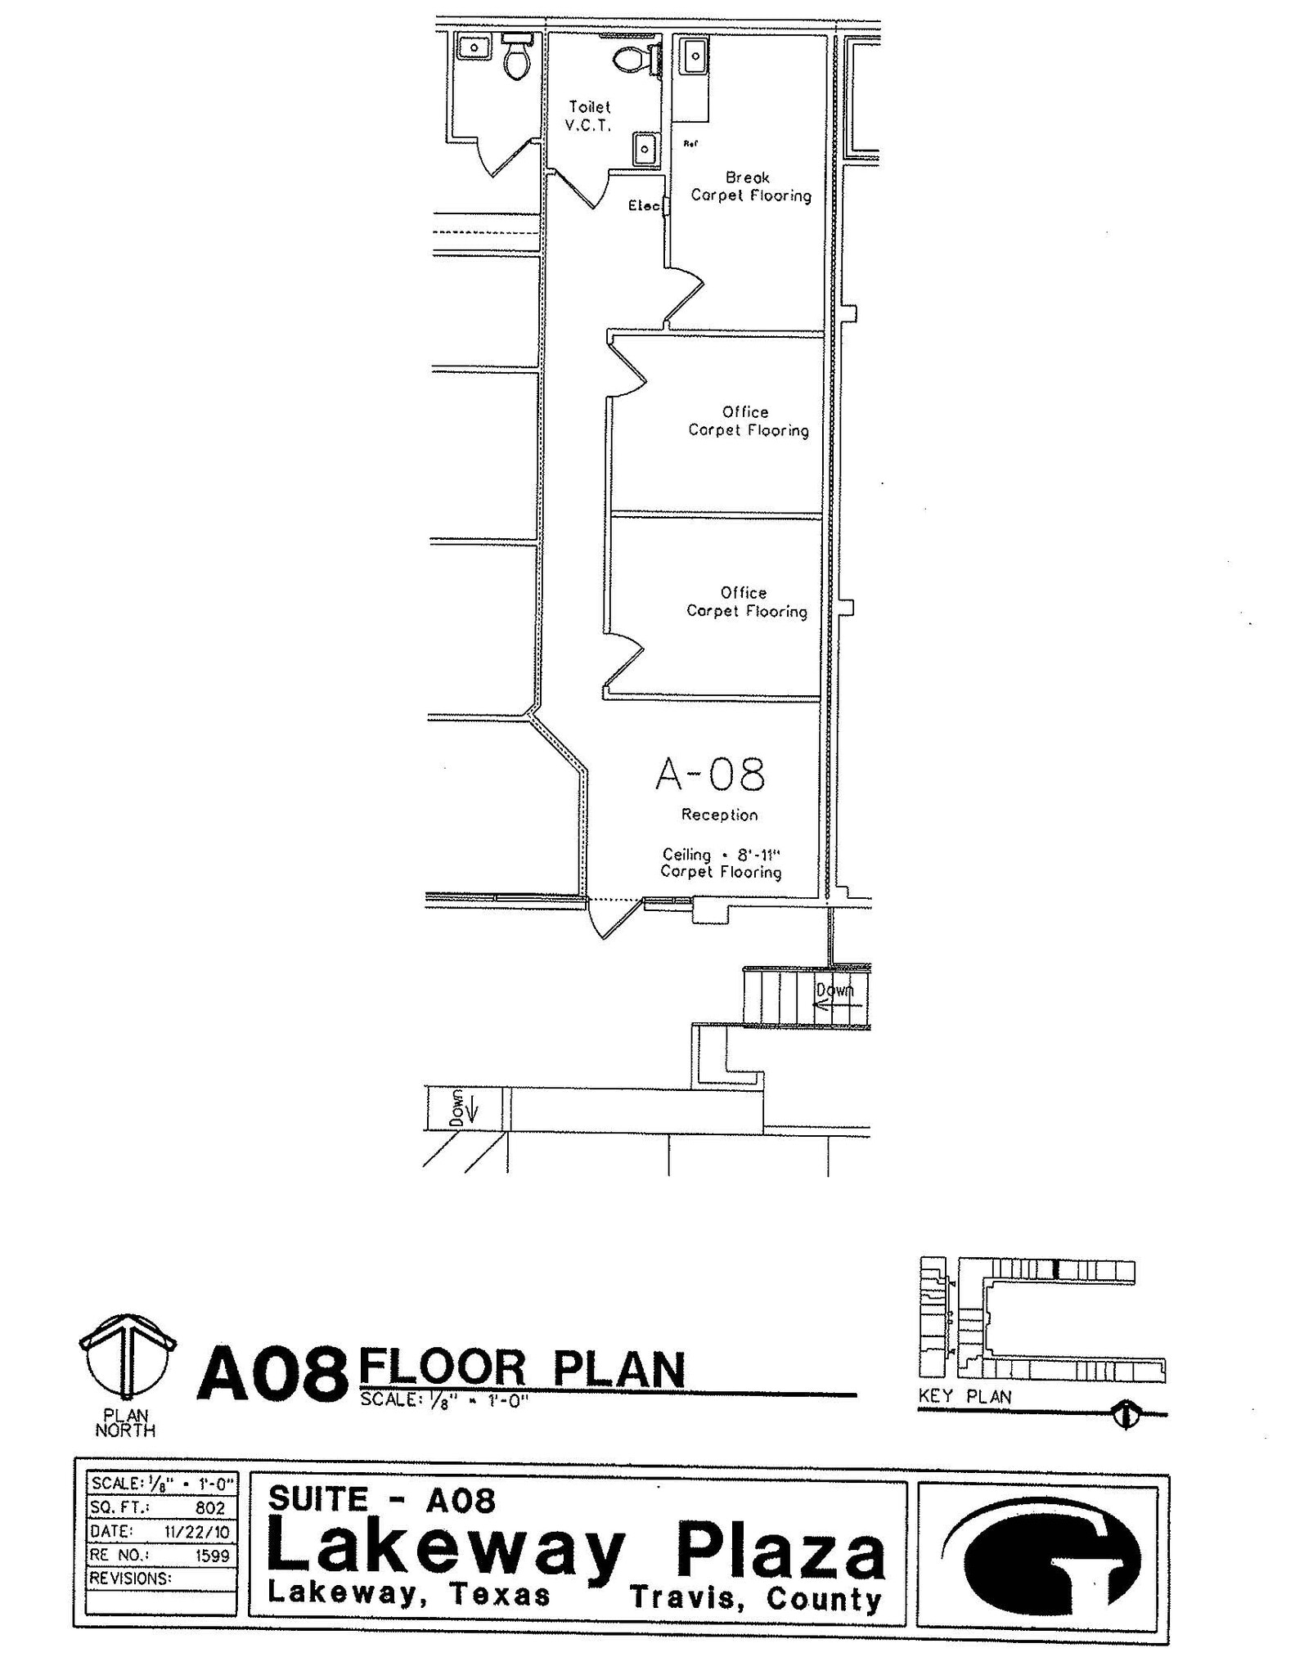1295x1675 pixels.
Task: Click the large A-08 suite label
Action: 710,775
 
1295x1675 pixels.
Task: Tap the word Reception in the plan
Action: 719,815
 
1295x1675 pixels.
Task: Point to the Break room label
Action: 748,177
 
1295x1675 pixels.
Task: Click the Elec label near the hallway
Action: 644,206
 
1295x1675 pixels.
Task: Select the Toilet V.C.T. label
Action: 589,116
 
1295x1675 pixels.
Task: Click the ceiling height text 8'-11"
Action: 759,855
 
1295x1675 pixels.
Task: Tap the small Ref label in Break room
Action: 690,144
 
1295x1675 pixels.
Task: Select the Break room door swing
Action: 684,298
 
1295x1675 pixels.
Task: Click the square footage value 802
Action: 210,1507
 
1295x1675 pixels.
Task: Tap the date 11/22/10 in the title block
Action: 197,1531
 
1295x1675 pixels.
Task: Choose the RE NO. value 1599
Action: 213,1555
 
